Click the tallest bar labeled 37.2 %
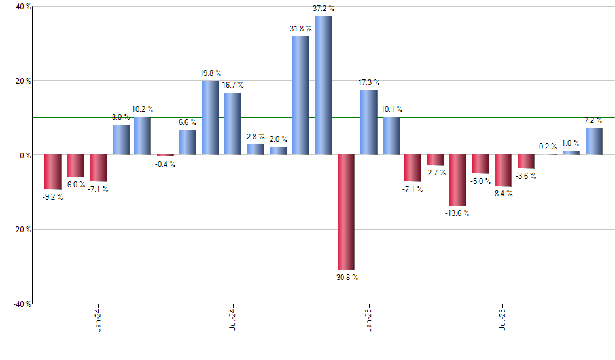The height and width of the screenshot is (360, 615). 323,85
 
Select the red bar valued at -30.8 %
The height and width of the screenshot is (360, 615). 346,212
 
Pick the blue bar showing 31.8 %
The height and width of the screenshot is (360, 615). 301,96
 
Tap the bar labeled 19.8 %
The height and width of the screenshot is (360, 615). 211,118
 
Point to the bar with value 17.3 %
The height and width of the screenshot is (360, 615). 368,122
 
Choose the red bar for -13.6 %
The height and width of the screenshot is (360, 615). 458,180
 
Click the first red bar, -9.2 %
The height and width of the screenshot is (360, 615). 53,172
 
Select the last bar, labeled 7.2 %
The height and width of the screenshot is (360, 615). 593,141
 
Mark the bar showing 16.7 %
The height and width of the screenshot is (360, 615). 233,124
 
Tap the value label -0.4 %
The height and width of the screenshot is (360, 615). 166,164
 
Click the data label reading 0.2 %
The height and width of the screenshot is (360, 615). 548,147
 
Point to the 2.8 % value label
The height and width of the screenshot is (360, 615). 256,137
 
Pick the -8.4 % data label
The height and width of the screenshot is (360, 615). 503,194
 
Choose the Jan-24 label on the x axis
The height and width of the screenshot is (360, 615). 98,319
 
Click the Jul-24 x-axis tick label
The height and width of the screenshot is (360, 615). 234,319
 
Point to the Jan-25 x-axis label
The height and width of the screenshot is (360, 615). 368,319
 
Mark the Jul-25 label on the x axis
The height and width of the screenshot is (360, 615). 503,319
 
